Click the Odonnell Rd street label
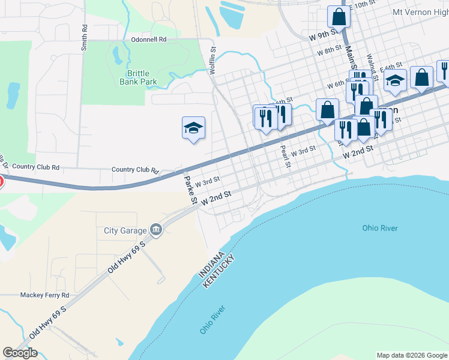click(148, 40)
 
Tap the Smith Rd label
click(85, 36)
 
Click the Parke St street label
click(190, 188)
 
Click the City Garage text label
click(125, 230)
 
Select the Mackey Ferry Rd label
click(45, 295)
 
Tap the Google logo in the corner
click(20, 353)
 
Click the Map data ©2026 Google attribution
click(412, 355)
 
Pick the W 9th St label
click(321, 37)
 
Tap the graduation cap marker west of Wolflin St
click(193, 128)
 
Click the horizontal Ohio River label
click(379, 228)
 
